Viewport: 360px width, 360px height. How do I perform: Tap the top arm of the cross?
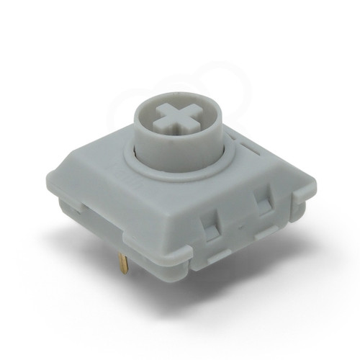click(176, 104)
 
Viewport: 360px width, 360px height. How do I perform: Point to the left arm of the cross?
click(163, 115)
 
